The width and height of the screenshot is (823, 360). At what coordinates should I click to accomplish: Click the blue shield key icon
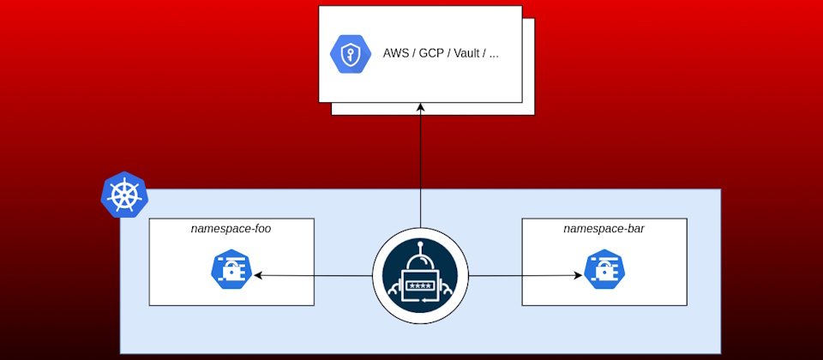click(350, 54)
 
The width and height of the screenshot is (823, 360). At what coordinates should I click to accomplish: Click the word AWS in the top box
click(396, 54)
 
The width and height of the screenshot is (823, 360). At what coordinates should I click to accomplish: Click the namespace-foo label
click(231, 229)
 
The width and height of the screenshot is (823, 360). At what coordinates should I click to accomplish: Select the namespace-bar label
click(604, 229)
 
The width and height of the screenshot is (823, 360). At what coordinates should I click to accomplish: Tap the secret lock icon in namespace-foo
click(230, 271)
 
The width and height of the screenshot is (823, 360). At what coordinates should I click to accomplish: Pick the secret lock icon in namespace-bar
click(603, 271)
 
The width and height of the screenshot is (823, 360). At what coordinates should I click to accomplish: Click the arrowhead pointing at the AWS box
click(420, 109)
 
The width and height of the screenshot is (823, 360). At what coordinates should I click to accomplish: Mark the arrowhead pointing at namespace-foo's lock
click(255, 276)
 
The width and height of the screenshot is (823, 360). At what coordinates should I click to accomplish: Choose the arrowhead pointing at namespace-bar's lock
click(578, 276)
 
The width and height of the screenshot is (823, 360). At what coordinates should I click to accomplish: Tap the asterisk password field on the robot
click(420, 285)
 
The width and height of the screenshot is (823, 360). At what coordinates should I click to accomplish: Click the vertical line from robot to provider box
click(420, 171)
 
